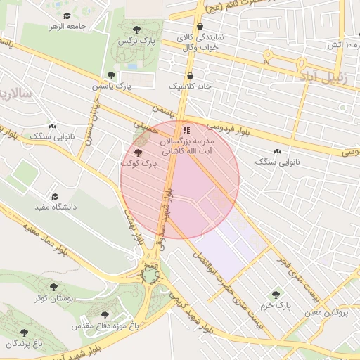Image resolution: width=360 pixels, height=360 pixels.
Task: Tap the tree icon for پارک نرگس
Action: (x=136, y=29)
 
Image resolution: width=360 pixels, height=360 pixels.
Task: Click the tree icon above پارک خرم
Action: (x=276, y=295)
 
